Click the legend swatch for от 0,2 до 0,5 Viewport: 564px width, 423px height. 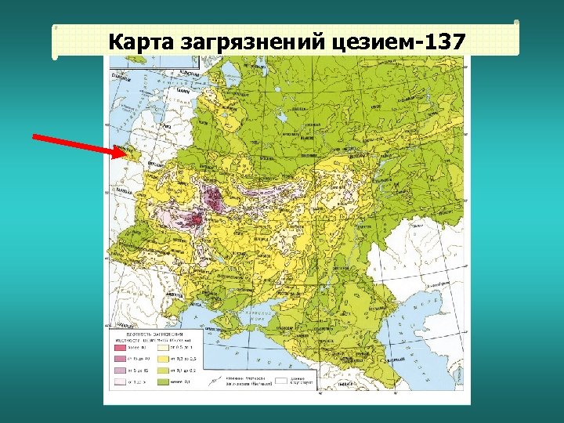click(x=167, y=358)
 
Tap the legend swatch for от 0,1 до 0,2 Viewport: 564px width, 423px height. click(x=167, y=371)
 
